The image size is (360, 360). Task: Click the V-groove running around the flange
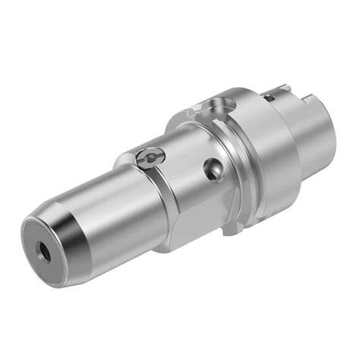(228, 144)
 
